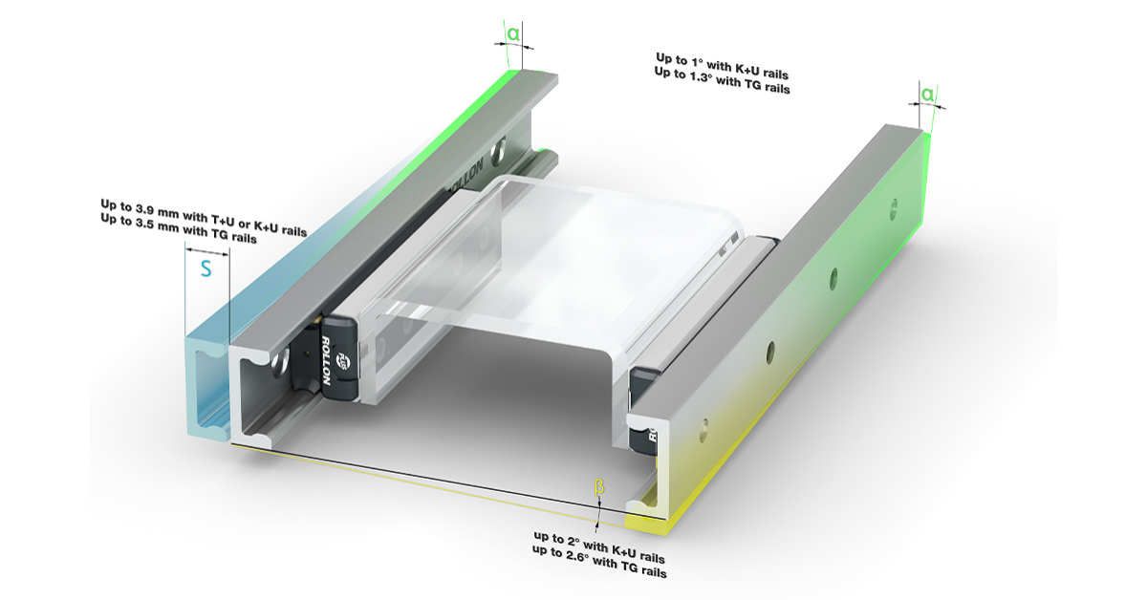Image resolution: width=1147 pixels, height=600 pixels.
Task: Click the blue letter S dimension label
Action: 206,268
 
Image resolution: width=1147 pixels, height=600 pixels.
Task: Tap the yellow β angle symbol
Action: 598,487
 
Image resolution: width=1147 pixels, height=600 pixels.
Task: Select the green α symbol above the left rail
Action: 513,34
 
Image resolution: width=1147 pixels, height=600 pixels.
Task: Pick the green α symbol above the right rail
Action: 927,95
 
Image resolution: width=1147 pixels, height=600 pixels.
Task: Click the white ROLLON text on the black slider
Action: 325,360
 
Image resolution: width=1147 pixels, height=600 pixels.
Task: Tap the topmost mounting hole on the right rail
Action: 894,209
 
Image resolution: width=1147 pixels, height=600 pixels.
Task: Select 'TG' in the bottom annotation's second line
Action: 629,567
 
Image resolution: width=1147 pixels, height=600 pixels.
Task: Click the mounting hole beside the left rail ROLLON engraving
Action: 496,150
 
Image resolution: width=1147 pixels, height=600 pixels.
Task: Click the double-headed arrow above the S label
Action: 206,251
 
